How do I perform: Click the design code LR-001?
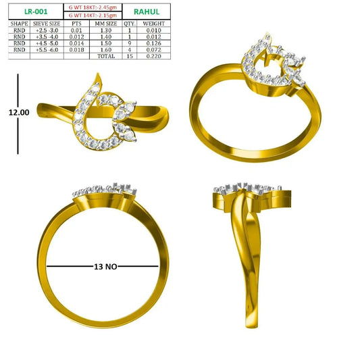click(x=36, y=11)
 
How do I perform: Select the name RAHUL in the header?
click(x=147, y=11)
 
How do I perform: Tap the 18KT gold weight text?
click(x=93, y=7)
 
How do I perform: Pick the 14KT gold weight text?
click(x=93, y=16)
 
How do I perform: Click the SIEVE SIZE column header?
click(x=47, y=24)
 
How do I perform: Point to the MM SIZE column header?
click(x=106, y=24)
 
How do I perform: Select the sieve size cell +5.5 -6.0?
click(x=47, y=50)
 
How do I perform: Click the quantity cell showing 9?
click(x=130, y=43)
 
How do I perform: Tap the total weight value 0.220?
click(x=153, y=56)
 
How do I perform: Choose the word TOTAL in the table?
click(x=106, y=56)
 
